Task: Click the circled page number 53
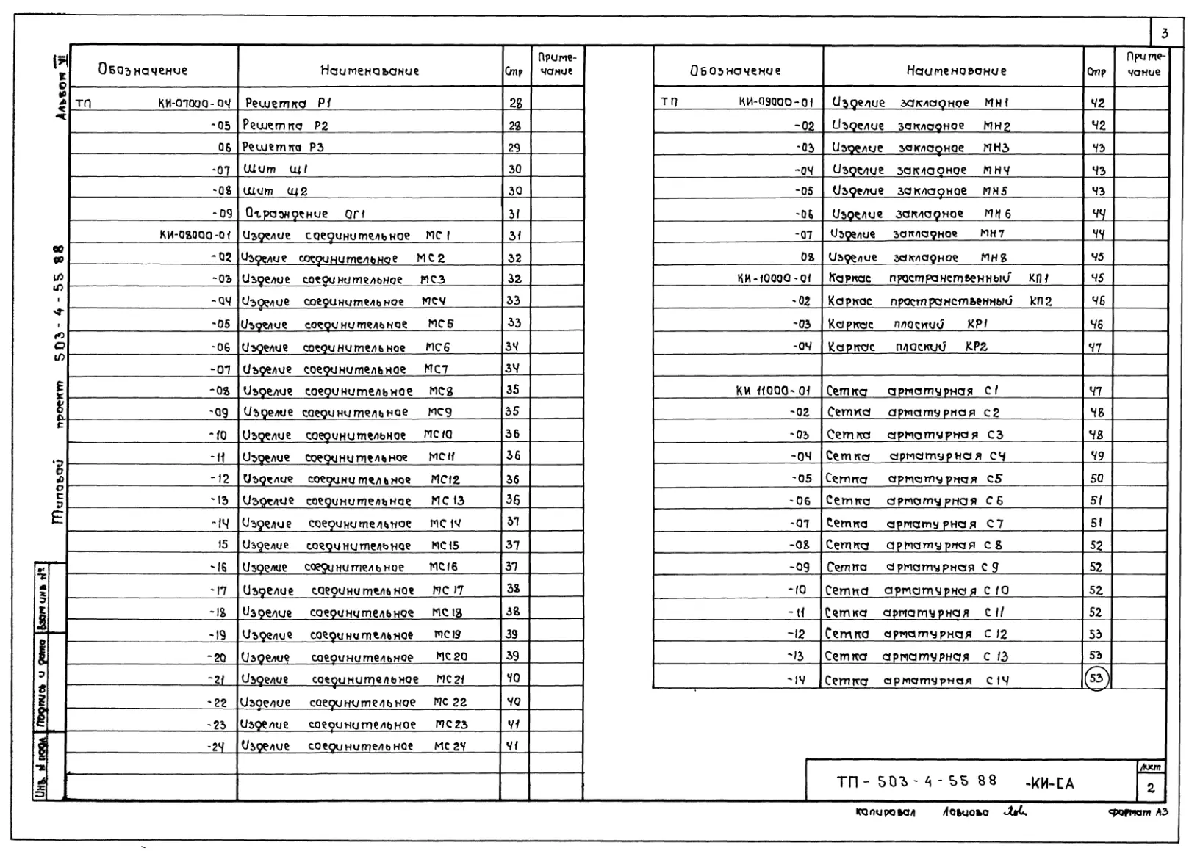pyautogui.click(x=1096, y=678)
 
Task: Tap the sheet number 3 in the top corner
pyautogui.click(x=1164, y=34)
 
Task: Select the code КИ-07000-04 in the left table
pyautogui.click(x=194, y=104)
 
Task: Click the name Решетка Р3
pyautogui.click(x=283, y=147)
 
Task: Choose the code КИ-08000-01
pyautogui.click(x=195, y=236)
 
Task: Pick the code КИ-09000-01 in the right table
pyautogui.click(x=776, y=103)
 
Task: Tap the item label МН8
pyautogui.click(x=994, y=258)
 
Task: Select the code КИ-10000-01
pyautogui.click(x=775, y=278)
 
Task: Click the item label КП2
pyautogui.click(x=1041, y=301)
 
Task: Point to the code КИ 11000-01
pyautogui.click(x=773, y=391)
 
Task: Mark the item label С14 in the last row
pyautogui.click(x=997, y=681)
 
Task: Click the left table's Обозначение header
pyautogui.click(x=143, y=70)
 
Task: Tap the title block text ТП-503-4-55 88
pyautogui.click(x=916, y=781)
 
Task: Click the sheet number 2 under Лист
pyautogui.click(x=1150, y=788)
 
